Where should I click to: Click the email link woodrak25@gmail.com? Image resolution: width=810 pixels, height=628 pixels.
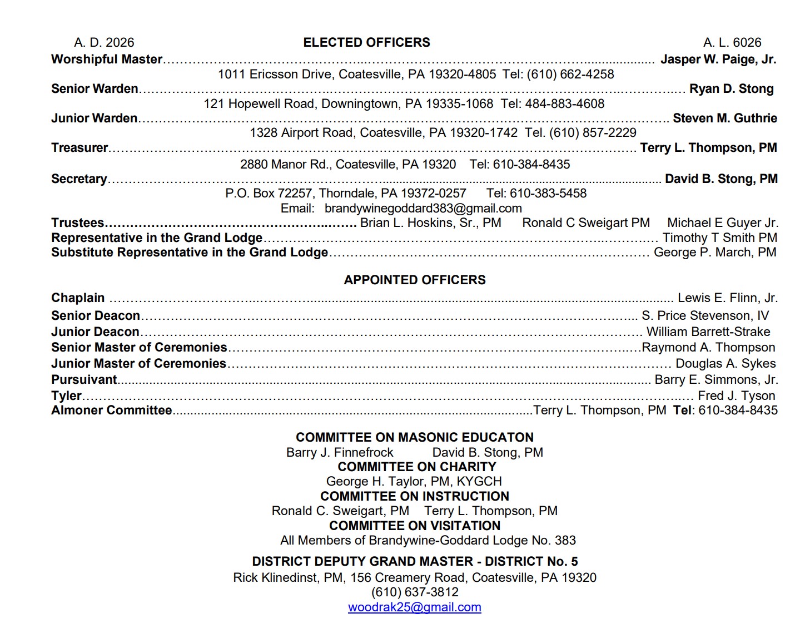pos(414,607)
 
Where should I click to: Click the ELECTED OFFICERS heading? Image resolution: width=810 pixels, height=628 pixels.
pos(366,42)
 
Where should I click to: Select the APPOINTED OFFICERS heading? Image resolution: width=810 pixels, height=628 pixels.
pos(415,280)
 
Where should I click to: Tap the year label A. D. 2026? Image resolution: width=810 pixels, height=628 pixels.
pos(104,42)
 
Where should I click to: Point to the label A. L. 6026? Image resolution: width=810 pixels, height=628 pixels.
pos(732,42)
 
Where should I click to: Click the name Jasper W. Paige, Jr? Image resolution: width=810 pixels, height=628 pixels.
pos(718,59)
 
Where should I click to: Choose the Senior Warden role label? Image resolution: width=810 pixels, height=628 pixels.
pos(95,88)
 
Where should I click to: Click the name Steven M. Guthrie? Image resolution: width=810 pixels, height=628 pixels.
pos(725,118)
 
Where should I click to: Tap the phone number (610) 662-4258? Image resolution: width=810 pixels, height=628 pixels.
pos(570,74)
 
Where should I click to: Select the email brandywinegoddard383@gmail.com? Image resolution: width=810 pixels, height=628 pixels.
pos(423,208)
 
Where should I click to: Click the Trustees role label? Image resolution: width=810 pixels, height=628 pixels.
pos(78,222)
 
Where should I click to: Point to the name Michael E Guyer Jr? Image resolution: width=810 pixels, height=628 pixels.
pos(723,222)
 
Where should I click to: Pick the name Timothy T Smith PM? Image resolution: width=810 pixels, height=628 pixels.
pos(720,238)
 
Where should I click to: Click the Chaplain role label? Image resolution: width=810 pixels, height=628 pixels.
pos(78,298)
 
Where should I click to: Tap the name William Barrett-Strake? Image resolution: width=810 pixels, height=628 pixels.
pos(708,332)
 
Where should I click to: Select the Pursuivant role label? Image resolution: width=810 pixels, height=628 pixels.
pos(84,379)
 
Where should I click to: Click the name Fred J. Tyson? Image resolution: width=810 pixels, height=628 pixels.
pos(736,395)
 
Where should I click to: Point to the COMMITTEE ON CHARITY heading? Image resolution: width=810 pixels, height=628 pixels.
pos(416,467)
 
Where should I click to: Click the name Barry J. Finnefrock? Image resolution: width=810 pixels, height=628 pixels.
pos(340,452)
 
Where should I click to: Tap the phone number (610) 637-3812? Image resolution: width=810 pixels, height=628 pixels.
pos(415,592)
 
